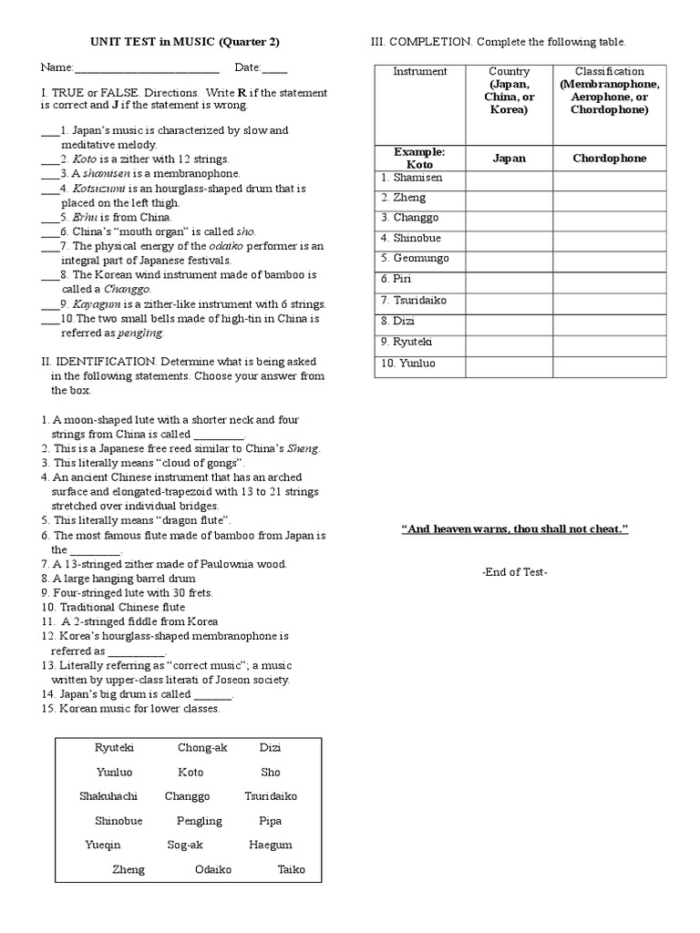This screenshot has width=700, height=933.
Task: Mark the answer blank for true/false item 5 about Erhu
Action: [50, 218]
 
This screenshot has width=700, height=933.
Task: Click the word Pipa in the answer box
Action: [270, 821]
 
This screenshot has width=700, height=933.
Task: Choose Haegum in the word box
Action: [271, 846]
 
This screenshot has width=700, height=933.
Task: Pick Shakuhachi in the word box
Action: [108, 796]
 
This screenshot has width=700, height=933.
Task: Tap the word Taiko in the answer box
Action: [291, 870]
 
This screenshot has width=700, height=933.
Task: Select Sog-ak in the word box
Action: [184, 846]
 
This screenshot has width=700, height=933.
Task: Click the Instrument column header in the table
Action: [419, 72]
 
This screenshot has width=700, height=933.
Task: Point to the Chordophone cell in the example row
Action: [609, 159]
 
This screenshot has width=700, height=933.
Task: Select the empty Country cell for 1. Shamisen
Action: [510, 179]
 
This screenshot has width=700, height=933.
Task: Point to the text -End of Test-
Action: [515, 572]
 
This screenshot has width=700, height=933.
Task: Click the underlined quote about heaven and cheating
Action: [515, 529]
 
